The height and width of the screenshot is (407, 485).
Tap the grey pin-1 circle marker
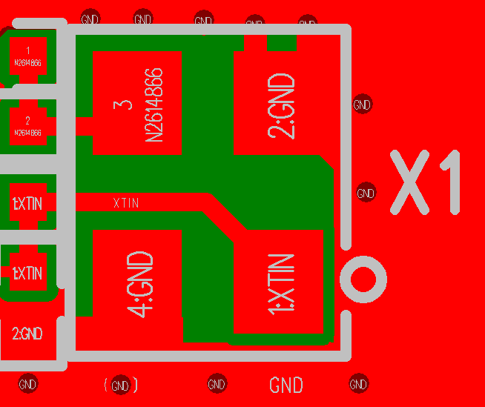tap(363, 279)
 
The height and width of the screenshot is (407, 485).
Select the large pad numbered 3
tap(137, 102)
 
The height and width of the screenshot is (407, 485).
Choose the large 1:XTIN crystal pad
tap(279, 282)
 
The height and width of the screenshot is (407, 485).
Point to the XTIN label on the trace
tap(125, 202)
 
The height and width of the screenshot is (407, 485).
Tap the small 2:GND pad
tap(28, 334)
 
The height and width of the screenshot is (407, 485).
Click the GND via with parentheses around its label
tap(120, 386)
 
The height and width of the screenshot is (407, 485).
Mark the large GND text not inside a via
tap(286, 386)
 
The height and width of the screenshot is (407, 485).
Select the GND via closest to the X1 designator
tap(366, 193)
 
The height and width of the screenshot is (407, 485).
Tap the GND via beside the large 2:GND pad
tap(362, 105)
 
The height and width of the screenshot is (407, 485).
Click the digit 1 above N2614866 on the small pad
tap(27, 50)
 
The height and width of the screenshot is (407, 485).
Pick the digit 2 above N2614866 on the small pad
tap(27, 120)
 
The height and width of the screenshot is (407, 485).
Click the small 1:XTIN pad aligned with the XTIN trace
tap(28, 202)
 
